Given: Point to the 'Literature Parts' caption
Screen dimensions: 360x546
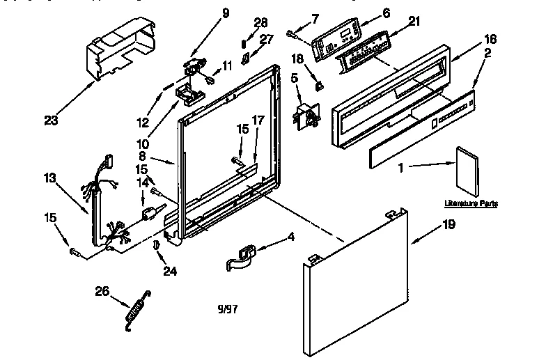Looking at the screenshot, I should pyautogui.click(x=471, y=203).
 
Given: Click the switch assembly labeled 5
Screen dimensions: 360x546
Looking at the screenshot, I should pyautogui.click(x=306, y=116).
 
